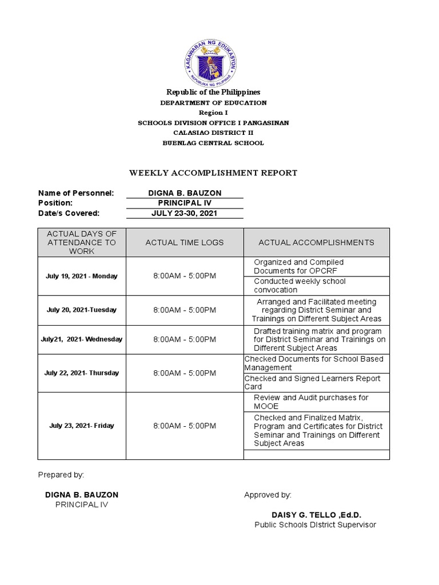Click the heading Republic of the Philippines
coord(213,92)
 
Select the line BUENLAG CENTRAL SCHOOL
coord(213,143)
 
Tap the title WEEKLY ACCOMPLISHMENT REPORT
coord(213,173)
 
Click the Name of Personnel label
coord(76,193)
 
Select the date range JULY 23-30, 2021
coord(185,213)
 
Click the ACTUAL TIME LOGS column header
coord(185,242)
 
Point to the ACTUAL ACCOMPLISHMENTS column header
coord(316,242)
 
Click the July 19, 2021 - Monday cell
coord(82,276)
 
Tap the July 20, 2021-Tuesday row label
coord(82,310)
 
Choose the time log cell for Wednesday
coord(185,339)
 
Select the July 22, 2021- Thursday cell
coord(82,373)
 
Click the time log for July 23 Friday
coord(185,426)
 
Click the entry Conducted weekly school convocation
coord(300,286)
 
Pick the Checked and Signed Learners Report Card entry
coord(314,382)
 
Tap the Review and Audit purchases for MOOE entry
coord(311,402)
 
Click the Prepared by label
coord(61,475)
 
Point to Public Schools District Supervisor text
coord(315,524)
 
